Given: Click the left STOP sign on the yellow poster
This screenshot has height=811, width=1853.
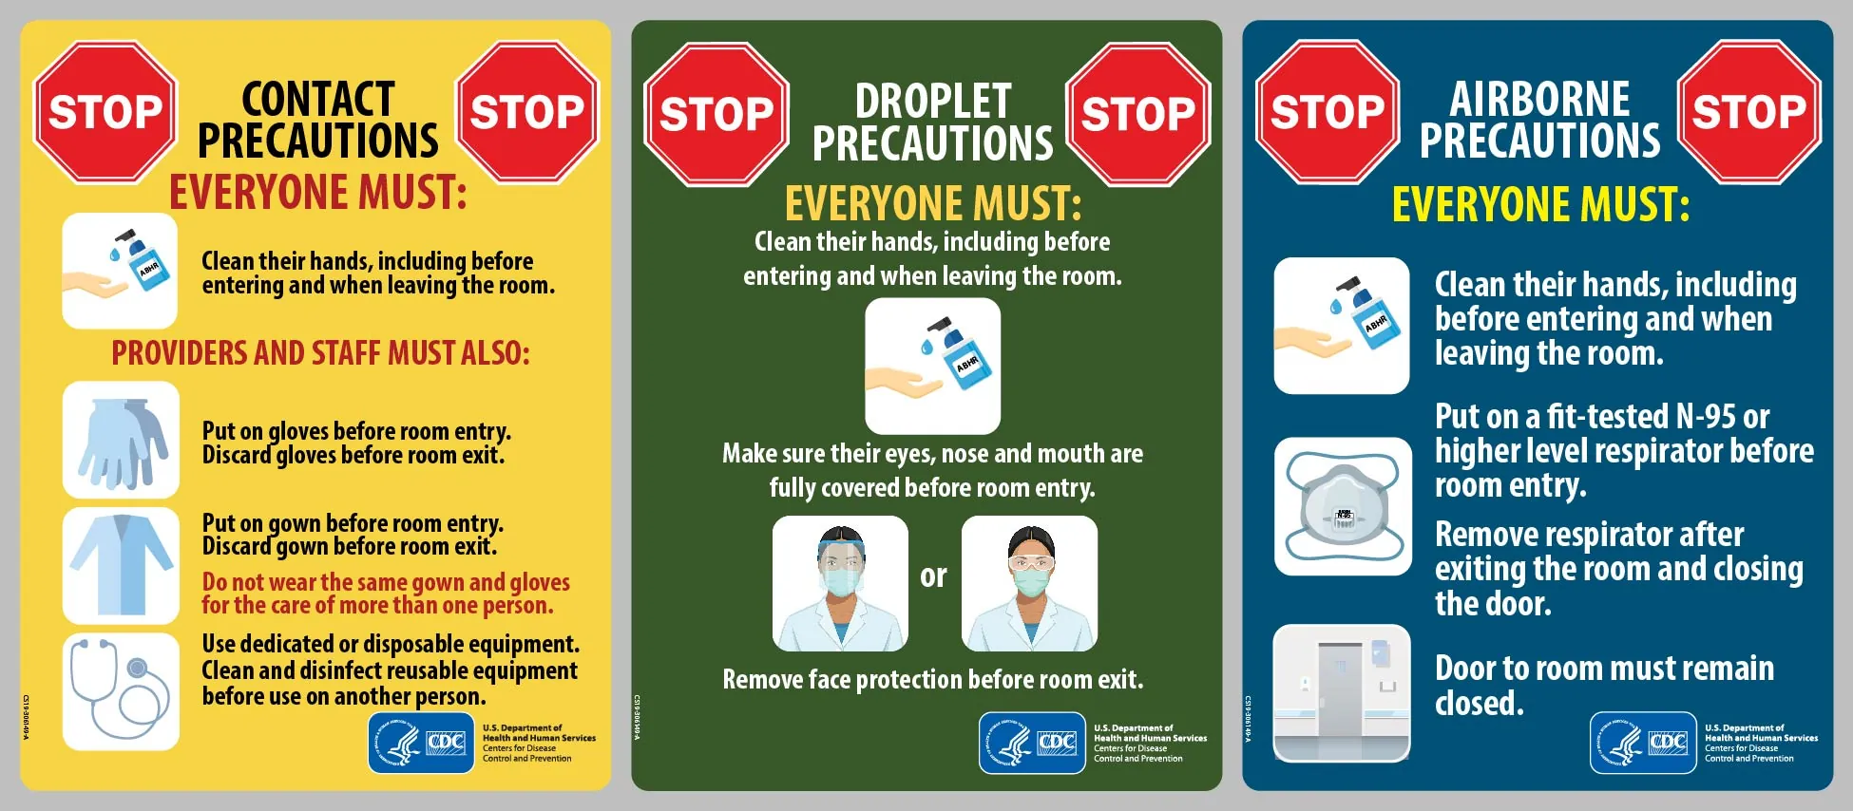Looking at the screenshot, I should pyautogui.click(x=105, y=112).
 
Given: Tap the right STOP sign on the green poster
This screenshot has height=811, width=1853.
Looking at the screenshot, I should pyautogui.click(x=1137, y=114).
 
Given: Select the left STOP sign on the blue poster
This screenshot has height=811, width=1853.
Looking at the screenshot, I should pyautogui.click(x=1327, y=112).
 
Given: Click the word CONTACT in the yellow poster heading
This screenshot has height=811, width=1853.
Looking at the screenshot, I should pyautogui.click(x=317, y=99).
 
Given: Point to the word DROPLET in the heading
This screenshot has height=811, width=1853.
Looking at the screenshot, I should pyautogui.click(x=932, y=102).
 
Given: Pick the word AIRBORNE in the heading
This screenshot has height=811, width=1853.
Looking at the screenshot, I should pyautogui.click(x=1539, y=99).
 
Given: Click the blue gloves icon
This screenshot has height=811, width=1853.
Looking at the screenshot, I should pyautogui.click(x=121, y=440).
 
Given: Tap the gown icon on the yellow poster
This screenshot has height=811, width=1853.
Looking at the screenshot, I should pyautogui.click(x=121, y=565).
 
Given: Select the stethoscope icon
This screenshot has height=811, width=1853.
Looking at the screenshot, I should pyautogui.click(x=121, y=691).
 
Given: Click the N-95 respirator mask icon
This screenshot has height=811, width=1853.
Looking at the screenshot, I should pyautogui.click(x=1342, y=506).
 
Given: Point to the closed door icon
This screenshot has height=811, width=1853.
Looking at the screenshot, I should pyautogui.click(x=1341, y=692).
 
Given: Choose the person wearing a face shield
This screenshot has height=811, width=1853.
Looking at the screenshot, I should pyautogui.click(x=840, y=583).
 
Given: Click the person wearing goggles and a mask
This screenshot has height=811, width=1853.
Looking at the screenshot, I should pyautogui.click(x=1029, y=583).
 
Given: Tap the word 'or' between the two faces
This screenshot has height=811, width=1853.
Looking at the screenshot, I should pyautogui.click(x=933, y=575).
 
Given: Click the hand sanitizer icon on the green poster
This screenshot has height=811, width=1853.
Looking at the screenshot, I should pyautogui.click(x=932, y=367).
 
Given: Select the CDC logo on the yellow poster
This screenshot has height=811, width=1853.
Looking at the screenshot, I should pyautogui.click(x=421, y=743).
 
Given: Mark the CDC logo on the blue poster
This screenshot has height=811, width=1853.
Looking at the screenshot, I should pyautogui.click(x=1643, y=743).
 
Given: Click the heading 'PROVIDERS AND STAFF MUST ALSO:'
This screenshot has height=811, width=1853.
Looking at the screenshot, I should pyautogui.click(x=320, y=353).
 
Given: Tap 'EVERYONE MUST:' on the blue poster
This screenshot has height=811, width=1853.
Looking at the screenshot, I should pyautogui.click(x=1540, y=204).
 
